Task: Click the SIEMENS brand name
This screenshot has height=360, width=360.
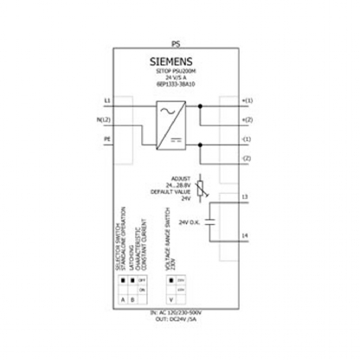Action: [179, 61]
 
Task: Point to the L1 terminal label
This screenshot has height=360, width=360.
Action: [106, 102]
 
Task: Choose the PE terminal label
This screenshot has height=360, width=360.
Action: [106, 137]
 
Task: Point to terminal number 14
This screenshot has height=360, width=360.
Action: [245, 235]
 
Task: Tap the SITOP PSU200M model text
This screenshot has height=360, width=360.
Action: [179, 73]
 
